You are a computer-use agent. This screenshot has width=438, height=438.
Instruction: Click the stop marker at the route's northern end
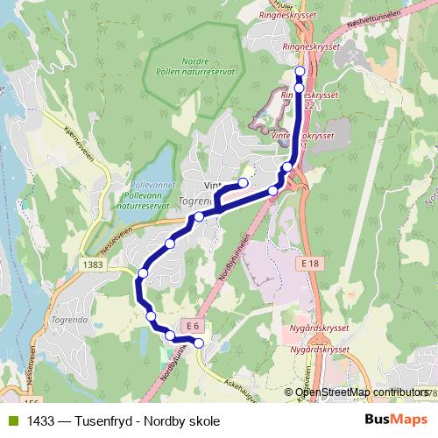point(300,71)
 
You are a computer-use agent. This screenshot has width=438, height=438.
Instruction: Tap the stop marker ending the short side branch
point(244,182)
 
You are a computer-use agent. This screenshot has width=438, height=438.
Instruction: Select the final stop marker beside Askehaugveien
point(199,343)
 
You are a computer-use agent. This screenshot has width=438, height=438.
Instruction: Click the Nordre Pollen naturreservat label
point(194,67)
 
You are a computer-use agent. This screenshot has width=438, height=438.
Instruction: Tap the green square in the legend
point(12,421)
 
